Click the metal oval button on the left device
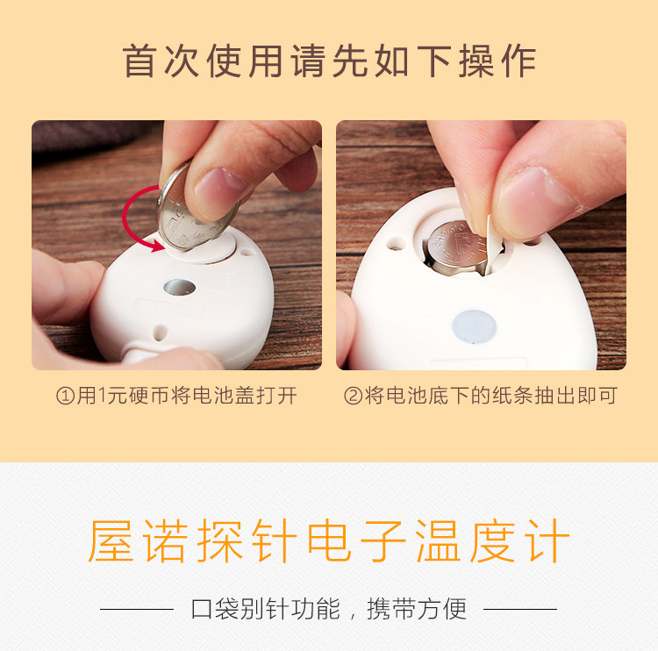coord(180,288)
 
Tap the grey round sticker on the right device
coord(474,327)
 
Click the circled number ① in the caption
coord(65,396)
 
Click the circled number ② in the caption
coord(353,396)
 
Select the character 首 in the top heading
coord(139,61)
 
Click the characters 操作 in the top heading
coord(497,61)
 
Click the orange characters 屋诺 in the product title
coord(138,540)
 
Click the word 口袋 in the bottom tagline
coord(215,609)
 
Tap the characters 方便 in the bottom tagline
coord(442,609)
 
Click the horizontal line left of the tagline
coord(137,609)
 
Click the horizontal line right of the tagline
coord(520,609)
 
